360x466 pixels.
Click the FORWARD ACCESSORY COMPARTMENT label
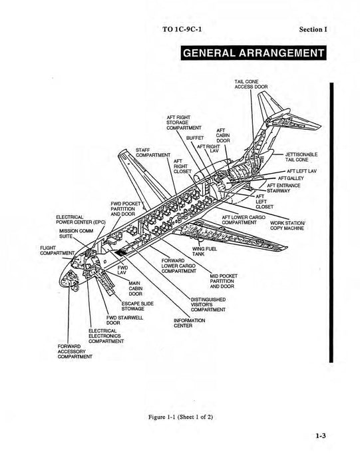74,350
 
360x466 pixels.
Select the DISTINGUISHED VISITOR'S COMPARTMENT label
208,304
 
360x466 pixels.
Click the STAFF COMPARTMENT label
152,152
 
